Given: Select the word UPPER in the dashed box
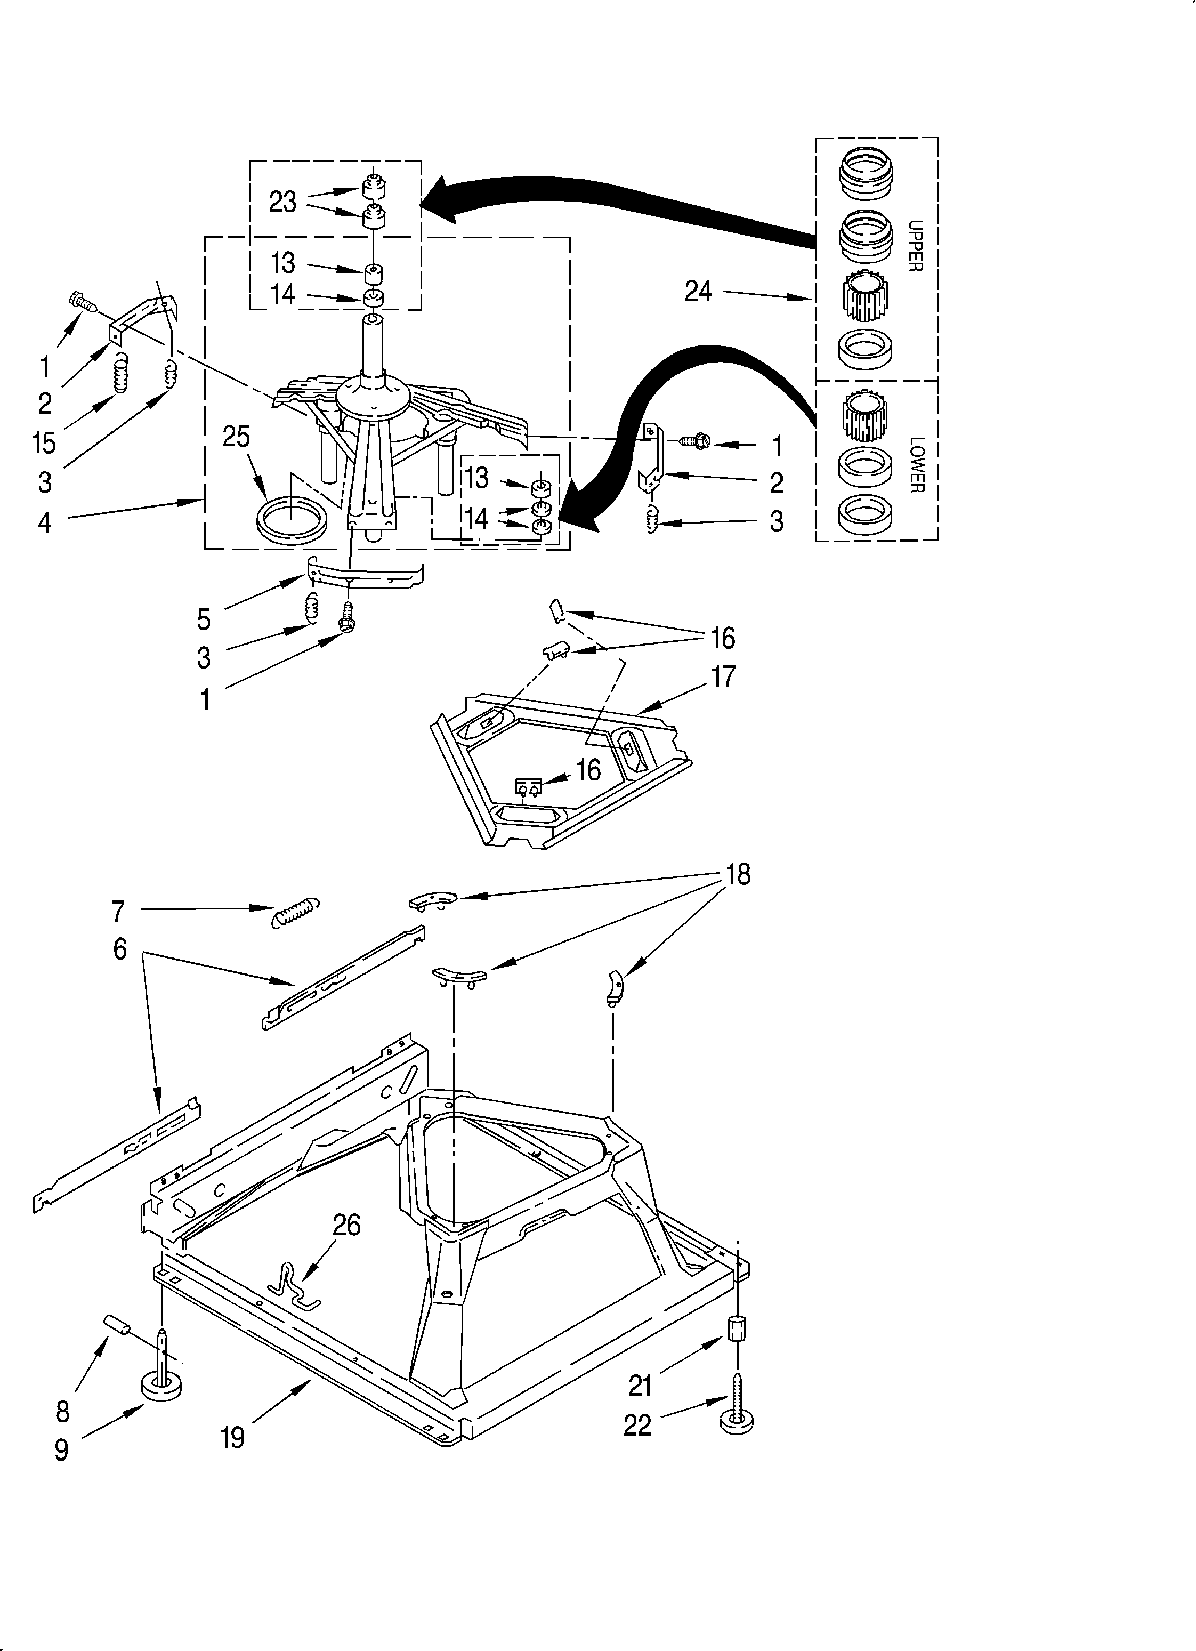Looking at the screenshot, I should [x=915, y=246].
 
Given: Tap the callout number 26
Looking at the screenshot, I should [x=346, y=1225].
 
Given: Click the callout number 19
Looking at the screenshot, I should [x=232, y=1438].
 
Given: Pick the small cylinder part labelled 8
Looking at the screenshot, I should [x=117, y=1324].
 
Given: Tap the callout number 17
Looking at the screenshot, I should [x=723, y=676].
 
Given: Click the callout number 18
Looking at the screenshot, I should [x=738, y=874].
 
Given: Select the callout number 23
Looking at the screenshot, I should [x=282, y=202].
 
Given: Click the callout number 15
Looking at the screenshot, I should [x=44, y=442].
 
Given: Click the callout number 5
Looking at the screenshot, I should [x=204, y=620].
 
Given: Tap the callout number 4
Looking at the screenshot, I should [x=44, y=522].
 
